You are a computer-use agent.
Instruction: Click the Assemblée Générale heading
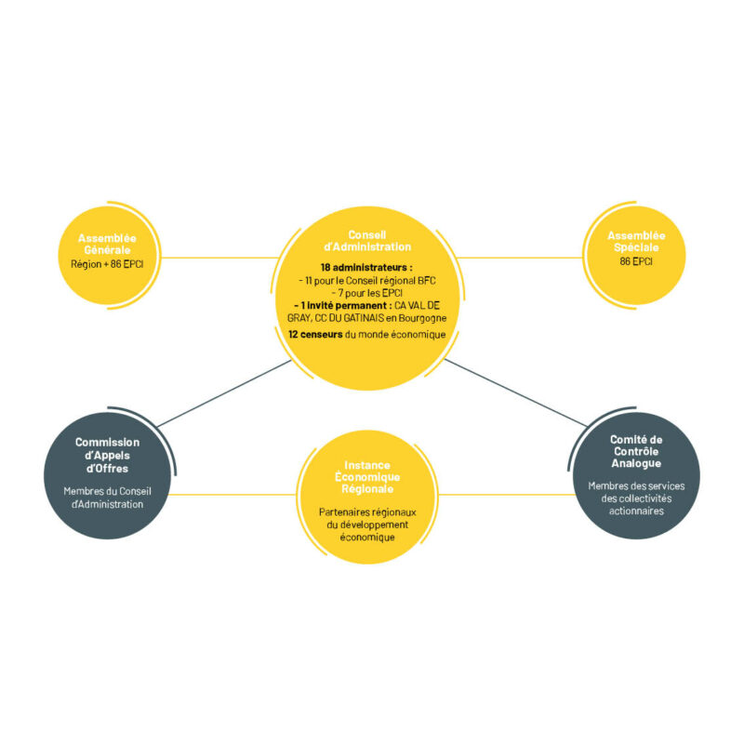[x=107, y=244]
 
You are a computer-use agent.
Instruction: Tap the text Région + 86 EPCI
[x=107, y=264]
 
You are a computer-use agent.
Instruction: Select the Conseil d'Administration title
[x=367, y=241]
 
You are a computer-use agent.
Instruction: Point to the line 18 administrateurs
[x=366, y=268]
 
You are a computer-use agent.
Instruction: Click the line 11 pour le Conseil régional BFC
[x=367, y=281]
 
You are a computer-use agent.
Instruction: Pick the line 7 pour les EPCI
[x=367, y=293]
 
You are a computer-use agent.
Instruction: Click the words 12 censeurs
[x=315, y=335]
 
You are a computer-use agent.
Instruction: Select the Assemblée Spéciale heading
[x=636, y=242]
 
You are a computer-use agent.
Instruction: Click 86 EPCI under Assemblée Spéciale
[x=636, y=261]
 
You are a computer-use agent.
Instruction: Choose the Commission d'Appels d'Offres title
[x=107, y=455]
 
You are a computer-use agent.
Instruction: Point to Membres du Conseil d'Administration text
[x=107, y=498]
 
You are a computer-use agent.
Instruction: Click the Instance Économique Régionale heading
[x=367, y=477]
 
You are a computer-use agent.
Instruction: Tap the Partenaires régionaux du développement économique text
[x=367, y=525]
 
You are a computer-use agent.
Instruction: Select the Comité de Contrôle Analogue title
[x=636, y=451]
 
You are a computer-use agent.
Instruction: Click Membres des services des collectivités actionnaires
[x=636, y=498]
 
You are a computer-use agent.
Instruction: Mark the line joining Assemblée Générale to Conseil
[x=219, y=259]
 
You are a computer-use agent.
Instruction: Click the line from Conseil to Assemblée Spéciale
[x=519, y=259]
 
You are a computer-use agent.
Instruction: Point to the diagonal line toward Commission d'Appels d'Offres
[x=224, y=393]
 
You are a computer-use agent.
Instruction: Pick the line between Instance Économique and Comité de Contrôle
[x=507, y=495]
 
